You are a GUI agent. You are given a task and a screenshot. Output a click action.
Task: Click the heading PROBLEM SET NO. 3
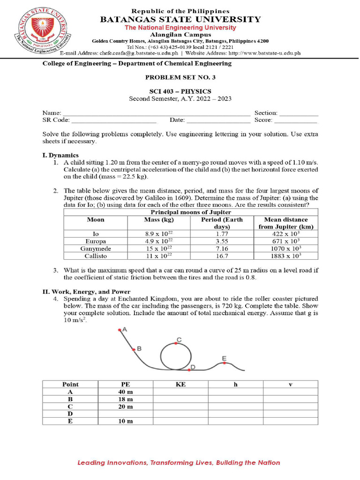(x=180, y=77)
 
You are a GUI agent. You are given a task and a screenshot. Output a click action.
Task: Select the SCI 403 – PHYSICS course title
(x=180, y=91)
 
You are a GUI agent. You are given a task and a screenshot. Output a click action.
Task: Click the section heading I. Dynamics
(x=60, y=155)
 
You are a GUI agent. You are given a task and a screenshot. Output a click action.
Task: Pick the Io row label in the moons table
(x=96, y=233)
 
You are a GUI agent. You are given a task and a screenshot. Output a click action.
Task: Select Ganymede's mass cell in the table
(x=159, y=248)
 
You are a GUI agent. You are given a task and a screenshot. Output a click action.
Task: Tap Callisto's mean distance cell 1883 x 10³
(x=285, y=256)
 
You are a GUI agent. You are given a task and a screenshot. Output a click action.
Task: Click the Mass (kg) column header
(x=159, y=219)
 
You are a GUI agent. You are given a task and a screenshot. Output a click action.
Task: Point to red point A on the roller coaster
(x=120, y=330)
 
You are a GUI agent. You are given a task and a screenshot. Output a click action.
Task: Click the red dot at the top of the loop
(x=174, y=344)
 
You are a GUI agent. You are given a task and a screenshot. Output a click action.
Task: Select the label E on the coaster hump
(x=225, y=358)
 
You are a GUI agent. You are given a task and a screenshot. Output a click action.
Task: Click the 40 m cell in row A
(x=125, y=391)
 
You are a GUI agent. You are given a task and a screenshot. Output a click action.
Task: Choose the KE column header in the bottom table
(x=180, y=384)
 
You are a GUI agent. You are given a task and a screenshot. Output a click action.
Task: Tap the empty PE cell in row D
(x=125, y=414)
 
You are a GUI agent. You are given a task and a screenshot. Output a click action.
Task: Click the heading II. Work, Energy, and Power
(x=87, y=292)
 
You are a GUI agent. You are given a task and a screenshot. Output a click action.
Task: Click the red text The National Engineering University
(x=180, y=28)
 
